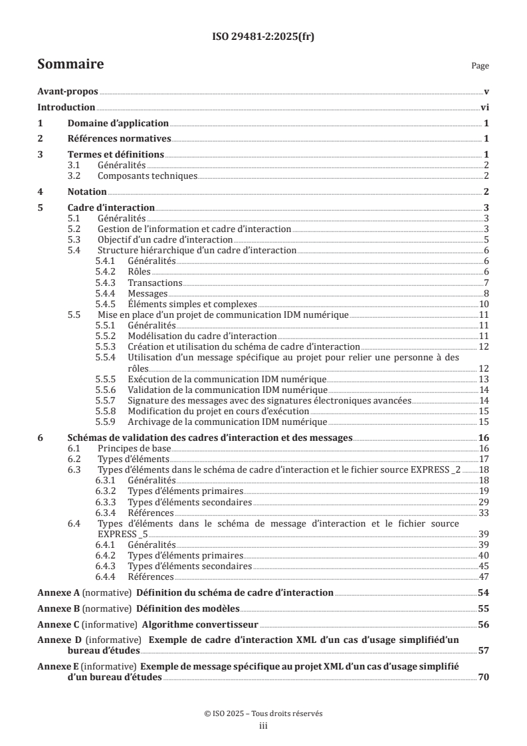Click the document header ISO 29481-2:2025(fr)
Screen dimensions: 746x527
(x=263, y=37)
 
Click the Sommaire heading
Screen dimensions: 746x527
(x=70, y=64)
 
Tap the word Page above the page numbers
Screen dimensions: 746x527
(x=480, y=66)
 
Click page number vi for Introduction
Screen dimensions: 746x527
(x=484, y=108)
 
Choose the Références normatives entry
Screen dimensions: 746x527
(x=120, y=139)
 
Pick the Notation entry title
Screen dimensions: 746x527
(x=87, y=191)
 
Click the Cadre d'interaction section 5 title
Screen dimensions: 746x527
(x=112, y=207)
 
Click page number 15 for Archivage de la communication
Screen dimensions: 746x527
(x=484, y=422)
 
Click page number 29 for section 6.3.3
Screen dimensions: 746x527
(x=484, y=502)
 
